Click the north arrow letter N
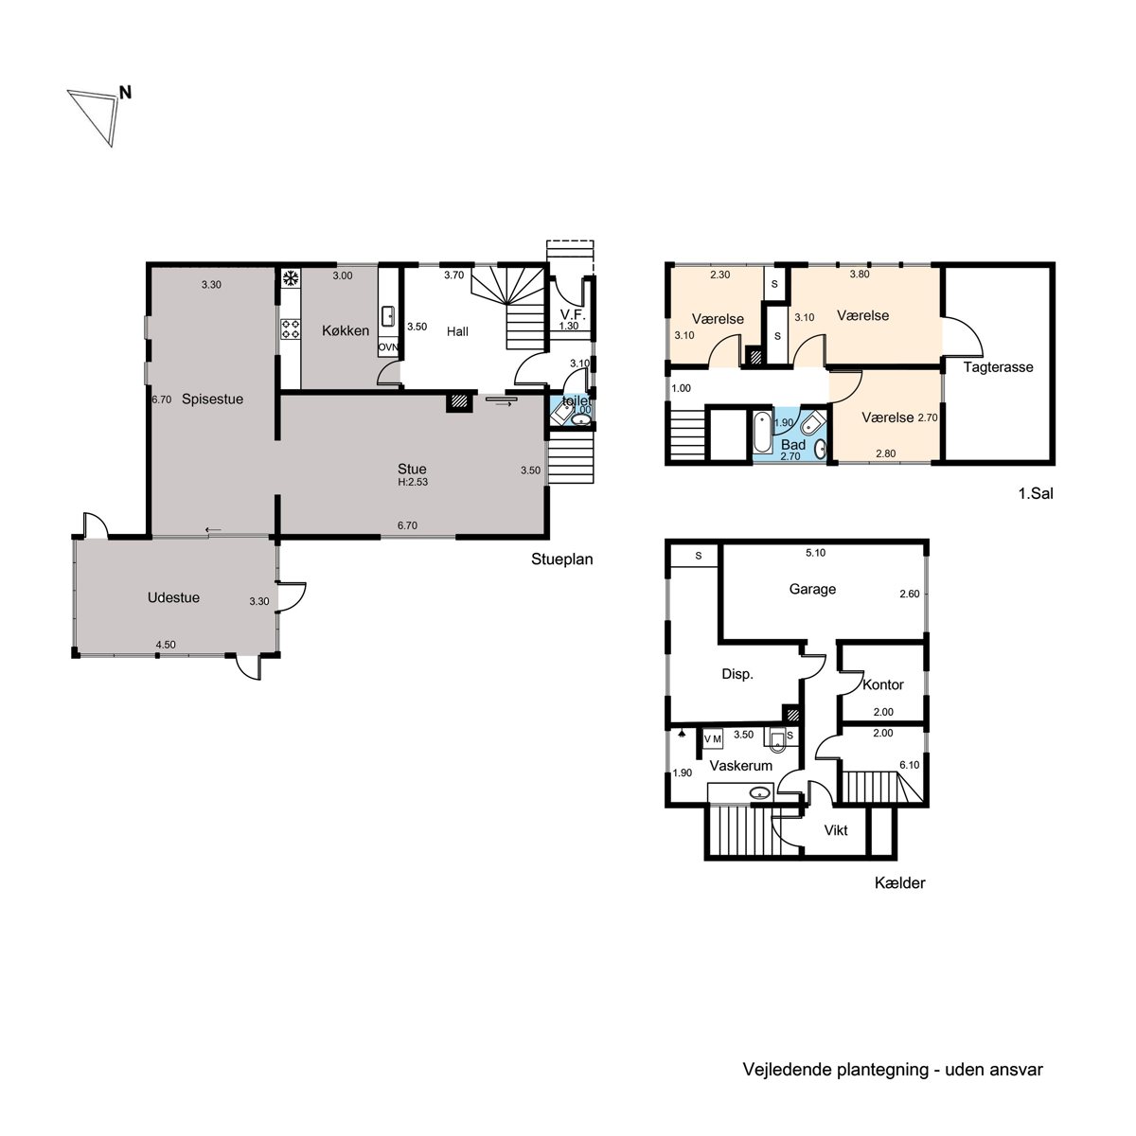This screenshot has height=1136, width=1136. (125, 93)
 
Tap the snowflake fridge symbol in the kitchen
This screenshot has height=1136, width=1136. (290, 278)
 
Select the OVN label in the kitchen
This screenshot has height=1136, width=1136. (388, 347)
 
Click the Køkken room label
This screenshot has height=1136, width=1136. (346, 330)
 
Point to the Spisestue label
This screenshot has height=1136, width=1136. (212, 399)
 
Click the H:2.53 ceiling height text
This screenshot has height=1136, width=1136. (413, 482)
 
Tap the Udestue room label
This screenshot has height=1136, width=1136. (173, 597)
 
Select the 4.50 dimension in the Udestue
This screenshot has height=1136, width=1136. (166, 645)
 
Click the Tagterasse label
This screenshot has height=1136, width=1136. (998, 367)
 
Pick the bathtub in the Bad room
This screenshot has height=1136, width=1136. (762, 432)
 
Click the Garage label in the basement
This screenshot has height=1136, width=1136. (812, 589)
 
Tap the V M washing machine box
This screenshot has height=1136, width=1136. (713, 738)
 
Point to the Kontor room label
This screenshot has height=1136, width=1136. (882, 684)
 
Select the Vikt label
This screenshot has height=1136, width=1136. (836, 830)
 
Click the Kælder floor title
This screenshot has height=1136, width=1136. (900, 882)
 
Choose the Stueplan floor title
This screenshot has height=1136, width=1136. (561, 559)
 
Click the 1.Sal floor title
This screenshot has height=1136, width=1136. (1036, 493)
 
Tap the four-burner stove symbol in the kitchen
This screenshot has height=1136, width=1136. (290, 328)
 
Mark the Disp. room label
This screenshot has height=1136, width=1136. (737, 674)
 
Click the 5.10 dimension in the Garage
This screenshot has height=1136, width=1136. (815, 553)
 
